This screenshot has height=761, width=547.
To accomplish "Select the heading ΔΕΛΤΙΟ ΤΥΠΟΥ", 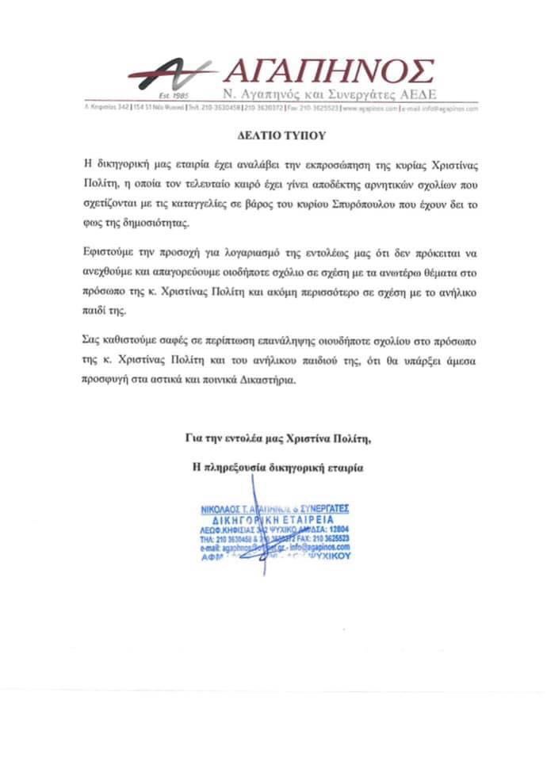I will (x=272, y=136).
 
